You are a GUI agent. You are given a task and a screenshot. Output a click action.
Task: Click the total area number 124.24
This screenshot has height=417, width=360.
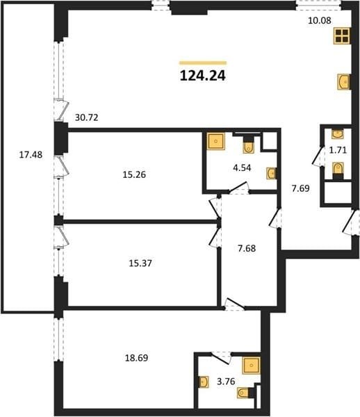pos(203,76)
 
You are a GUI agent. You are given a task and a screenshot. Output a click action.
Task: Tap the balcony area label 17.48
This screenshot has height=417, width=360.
pos(31,154)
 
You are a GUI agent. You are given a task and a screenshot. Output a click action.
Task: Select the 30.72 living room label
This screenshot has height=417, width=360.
pos(87,117)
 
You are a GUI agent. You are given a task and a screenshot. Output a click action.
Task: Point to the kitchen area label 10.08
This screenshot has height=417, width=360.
pos(320,20)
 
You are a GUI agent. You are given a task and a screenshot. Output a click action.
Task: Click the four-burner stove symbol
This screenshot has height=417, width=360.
pos(342,36)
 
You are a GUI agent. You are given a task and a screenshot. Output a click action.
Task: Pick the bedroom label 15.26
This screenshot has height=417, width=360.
pos(134,174)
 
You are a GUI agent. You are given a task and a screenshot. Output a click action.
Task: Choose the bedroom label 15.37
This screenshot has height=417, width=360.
pos(140,263)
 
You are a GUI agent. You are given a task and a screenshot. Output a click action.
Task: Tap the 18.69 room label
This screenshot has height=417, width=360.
pos(137,358)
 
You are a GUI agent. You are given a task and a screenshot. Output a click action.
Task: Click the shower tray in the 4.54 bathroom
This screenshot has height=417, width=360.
pos(216,141)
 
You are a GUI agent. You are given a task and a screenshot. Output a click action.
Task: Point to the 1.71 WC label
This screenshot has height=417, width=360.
pos(338,150)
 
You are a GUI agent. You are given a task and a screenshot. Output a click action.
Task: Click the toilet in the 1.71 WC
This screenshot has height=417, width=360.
pos(338,167)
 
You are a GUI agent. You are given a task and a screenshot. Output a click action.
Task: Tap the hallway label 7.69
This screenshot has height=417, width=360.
pos(301,188)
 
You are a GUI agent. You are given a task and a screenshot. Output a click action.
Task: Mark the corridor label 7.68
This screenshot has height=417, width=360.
pos(247,248)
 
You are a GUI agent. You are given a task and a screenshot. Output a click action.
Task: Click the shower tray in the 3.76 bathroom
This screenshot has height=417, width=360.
pos(251,366)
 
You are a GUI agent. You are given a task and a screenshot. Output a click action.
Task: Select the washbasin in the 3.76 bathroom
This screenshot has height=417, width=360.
pos(204,382)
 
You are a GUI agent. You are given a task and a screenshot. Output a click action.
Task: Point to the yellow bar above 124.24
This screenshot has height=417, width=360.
pos(203,63)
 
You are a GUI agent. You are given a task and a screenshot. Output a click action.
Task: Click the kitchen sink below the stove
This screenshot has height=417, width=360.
pos(343,82)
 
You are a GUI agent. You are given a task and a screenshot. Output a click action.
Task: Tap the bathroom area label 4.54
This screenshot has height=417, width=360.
pos(242,168)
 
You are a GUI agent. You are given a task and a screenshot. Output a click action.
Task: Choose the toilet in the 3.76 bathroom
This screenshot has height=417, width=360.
pos(243,393)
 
